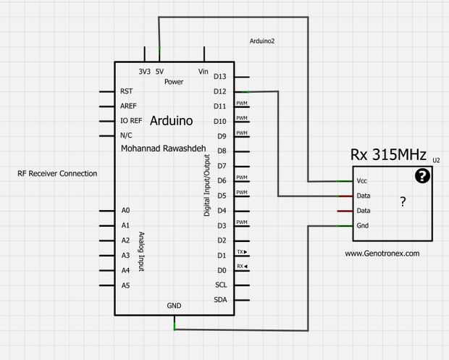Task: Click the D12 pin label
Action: click(220, 91)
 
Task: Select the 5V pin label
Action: click(159, 71)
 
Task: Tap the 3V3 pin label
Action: click(145, 71)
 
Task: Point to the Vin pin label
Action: click(203, 71)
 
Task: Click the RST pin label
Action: click(127, 92)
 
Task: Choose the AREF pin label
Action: click(128, 106)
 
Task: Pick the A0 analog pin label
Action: click(126, 210)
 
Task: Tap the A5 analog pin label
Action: click(126, 285)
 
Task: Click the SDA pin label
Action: click(221, 300)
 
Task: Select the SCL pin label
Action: click(221, 285)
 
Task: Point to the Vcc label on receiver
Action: click(361, 181)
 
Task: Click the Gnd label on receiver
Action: click(362, 226)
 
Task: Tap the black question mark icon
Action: click(422, 175)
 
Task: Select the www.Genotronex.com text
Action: click(382, 254)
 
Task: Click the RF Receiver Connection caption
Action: click(57, 174)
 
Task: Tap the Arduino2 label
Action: click(261, 41)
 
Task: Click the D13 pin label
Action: click(220, 77)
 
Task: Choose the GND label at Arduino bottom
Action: click(175, 306)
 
